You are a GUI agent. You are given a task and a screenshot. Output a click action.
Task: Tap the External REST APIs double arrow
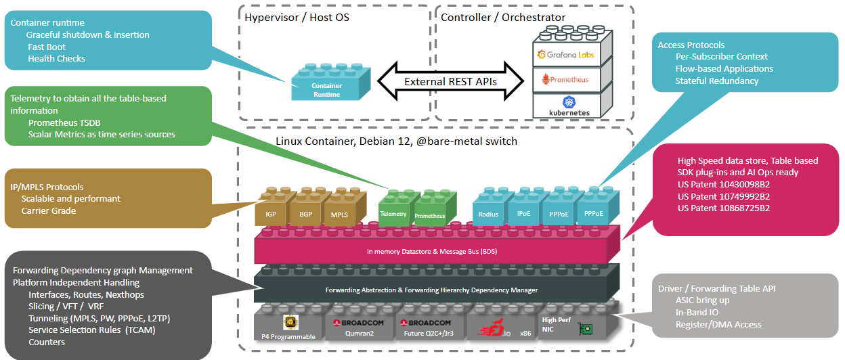pos(450,81)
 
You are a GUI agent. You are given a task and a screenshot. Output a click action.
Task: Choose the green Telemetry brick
pos(393,213)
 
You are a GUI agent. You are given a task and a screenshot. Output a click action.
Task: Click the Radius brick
pos(488,213)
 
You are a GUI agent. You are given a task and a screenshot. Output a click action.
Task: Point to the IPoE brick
pos(523,213)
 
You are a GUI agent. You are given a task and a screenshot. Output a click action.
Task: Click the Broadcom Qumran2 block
pos(359,327)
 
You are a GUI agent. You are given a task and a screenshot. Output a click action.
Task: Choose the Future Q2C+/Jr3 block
pos(430,327)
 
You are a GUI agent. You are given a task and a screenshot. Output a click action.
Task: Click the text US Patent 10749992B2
pos(724,196)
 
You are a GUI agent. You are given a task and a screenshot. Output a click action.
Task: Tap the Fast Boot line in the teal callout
pos(47,47)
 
